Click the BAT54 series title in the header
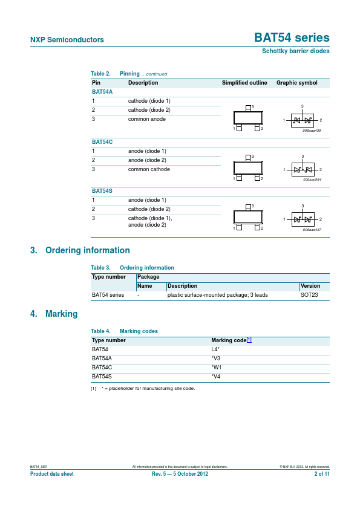(292, 37)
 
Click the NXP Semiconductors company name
(67, 40)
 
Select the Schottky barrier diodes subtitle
(295, 51)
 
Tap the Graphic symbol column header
(296, 83)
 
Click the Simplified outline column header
(244, 83)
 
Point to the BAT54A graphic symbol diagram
(302, 120)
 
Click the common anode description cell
(147, 119)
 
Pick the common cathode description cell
(149, 169)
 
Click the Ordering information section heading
(87, 250)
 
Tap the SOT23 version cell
(309, 295)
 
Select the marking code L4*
(215, 349)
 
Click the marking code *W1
(216, 367)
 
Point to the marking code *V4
(216, 376)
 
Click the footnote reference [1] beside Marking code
(249, 340)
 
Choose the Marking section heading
(61, 314)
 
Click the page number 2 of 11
(322, 474)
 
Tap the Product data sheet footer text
(52, 474)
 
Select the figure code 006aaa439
(312, 130)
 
